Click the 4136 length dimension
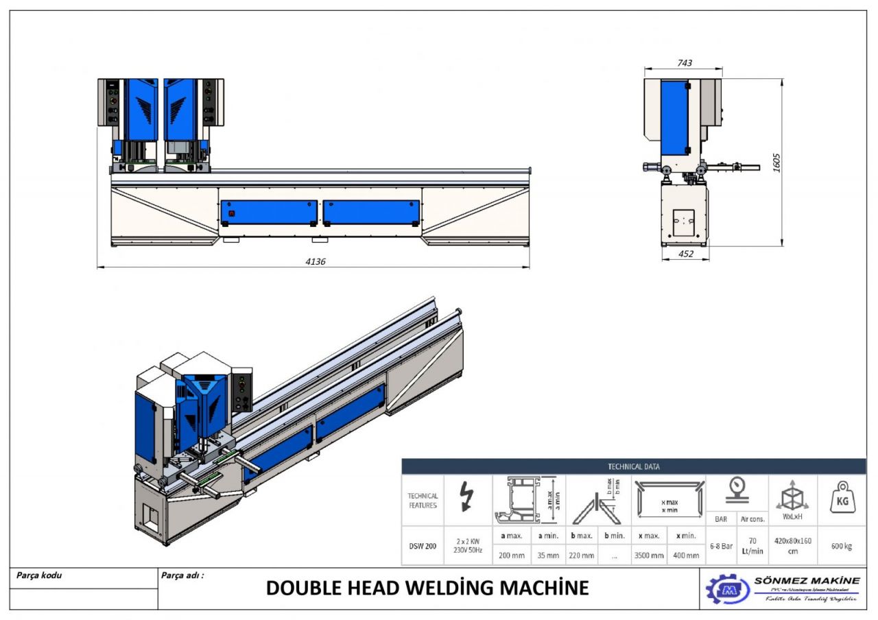pyautogui.click(x=316, y=261)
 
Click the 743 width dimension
pyautogui.click(x=684, y=62)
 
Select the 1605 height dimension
pyautogui.click(x=777, y=163)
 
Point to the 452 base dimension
pyautogui.click(x=685, y=254)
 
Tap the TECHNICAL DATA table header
pyautogui.click(x=633, y=466)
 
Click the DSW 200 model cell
pyautogui.click(x=422, y=546)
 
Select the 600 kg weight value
pyautogui.click(x=841, y=546)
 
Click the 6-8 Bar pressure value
pyautogui.click(x=721, y=546)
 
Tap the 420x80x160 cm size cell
pyautogui.click(x=792, y=546)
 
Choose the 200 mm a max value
pyautogui.click(x=512, y=555)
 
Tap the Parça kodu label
pyautogui.click(x=39, y=575)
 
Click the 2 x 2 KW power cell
pyautogui.click(x=467, y=545)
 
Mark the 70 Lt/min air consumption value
pyautogui.click(x=752, y=546)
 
